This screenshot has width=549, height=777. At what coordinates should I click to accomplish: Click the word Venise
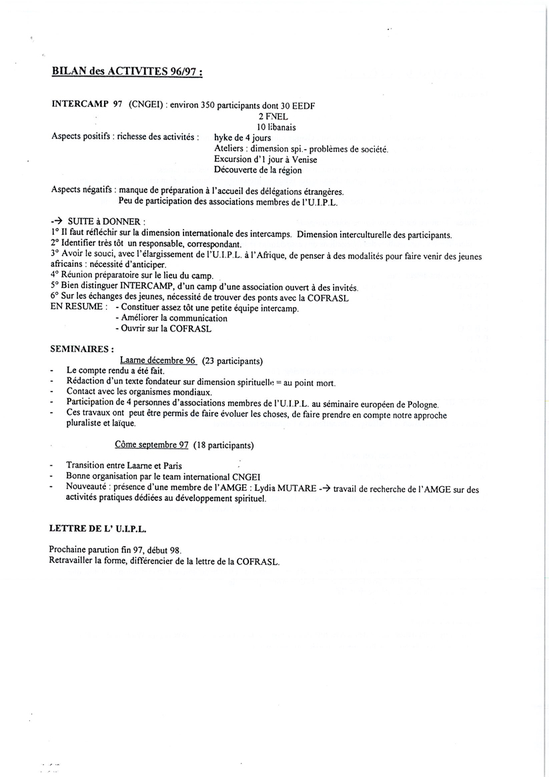click(304, 159)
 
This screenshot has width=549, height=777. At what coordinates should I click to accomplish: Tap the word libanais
click(280, 127)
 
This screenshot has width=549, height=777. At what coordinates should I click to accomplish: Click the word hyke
click(224, 137)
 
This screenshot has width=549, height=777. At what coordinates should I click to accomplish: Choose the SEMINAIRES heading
click(82, 348)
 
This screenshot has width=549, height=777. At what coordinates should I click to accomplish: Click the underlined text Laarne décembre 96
click(158, 361)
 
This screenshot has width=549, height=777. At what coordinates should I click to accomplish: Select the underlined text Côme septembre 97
click(152, 444)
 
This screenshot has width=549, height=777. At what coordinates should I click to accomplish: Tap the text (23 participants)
click(232, 361)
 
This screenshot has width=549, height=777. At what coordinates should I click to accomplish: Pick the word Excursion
click(233, 159)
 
